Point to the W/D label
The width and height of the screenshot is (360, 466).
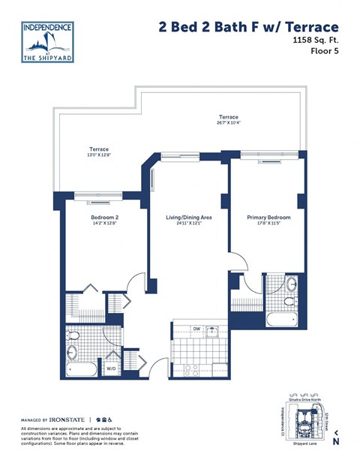[111, 368]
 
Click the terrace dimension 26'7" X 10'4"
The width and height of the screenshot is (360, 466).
[228, 124]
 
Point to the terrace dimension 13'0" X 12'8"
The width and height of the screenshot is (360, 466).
[98, 156]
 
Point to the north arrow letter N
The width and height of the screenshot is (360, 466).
[335, 442]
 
